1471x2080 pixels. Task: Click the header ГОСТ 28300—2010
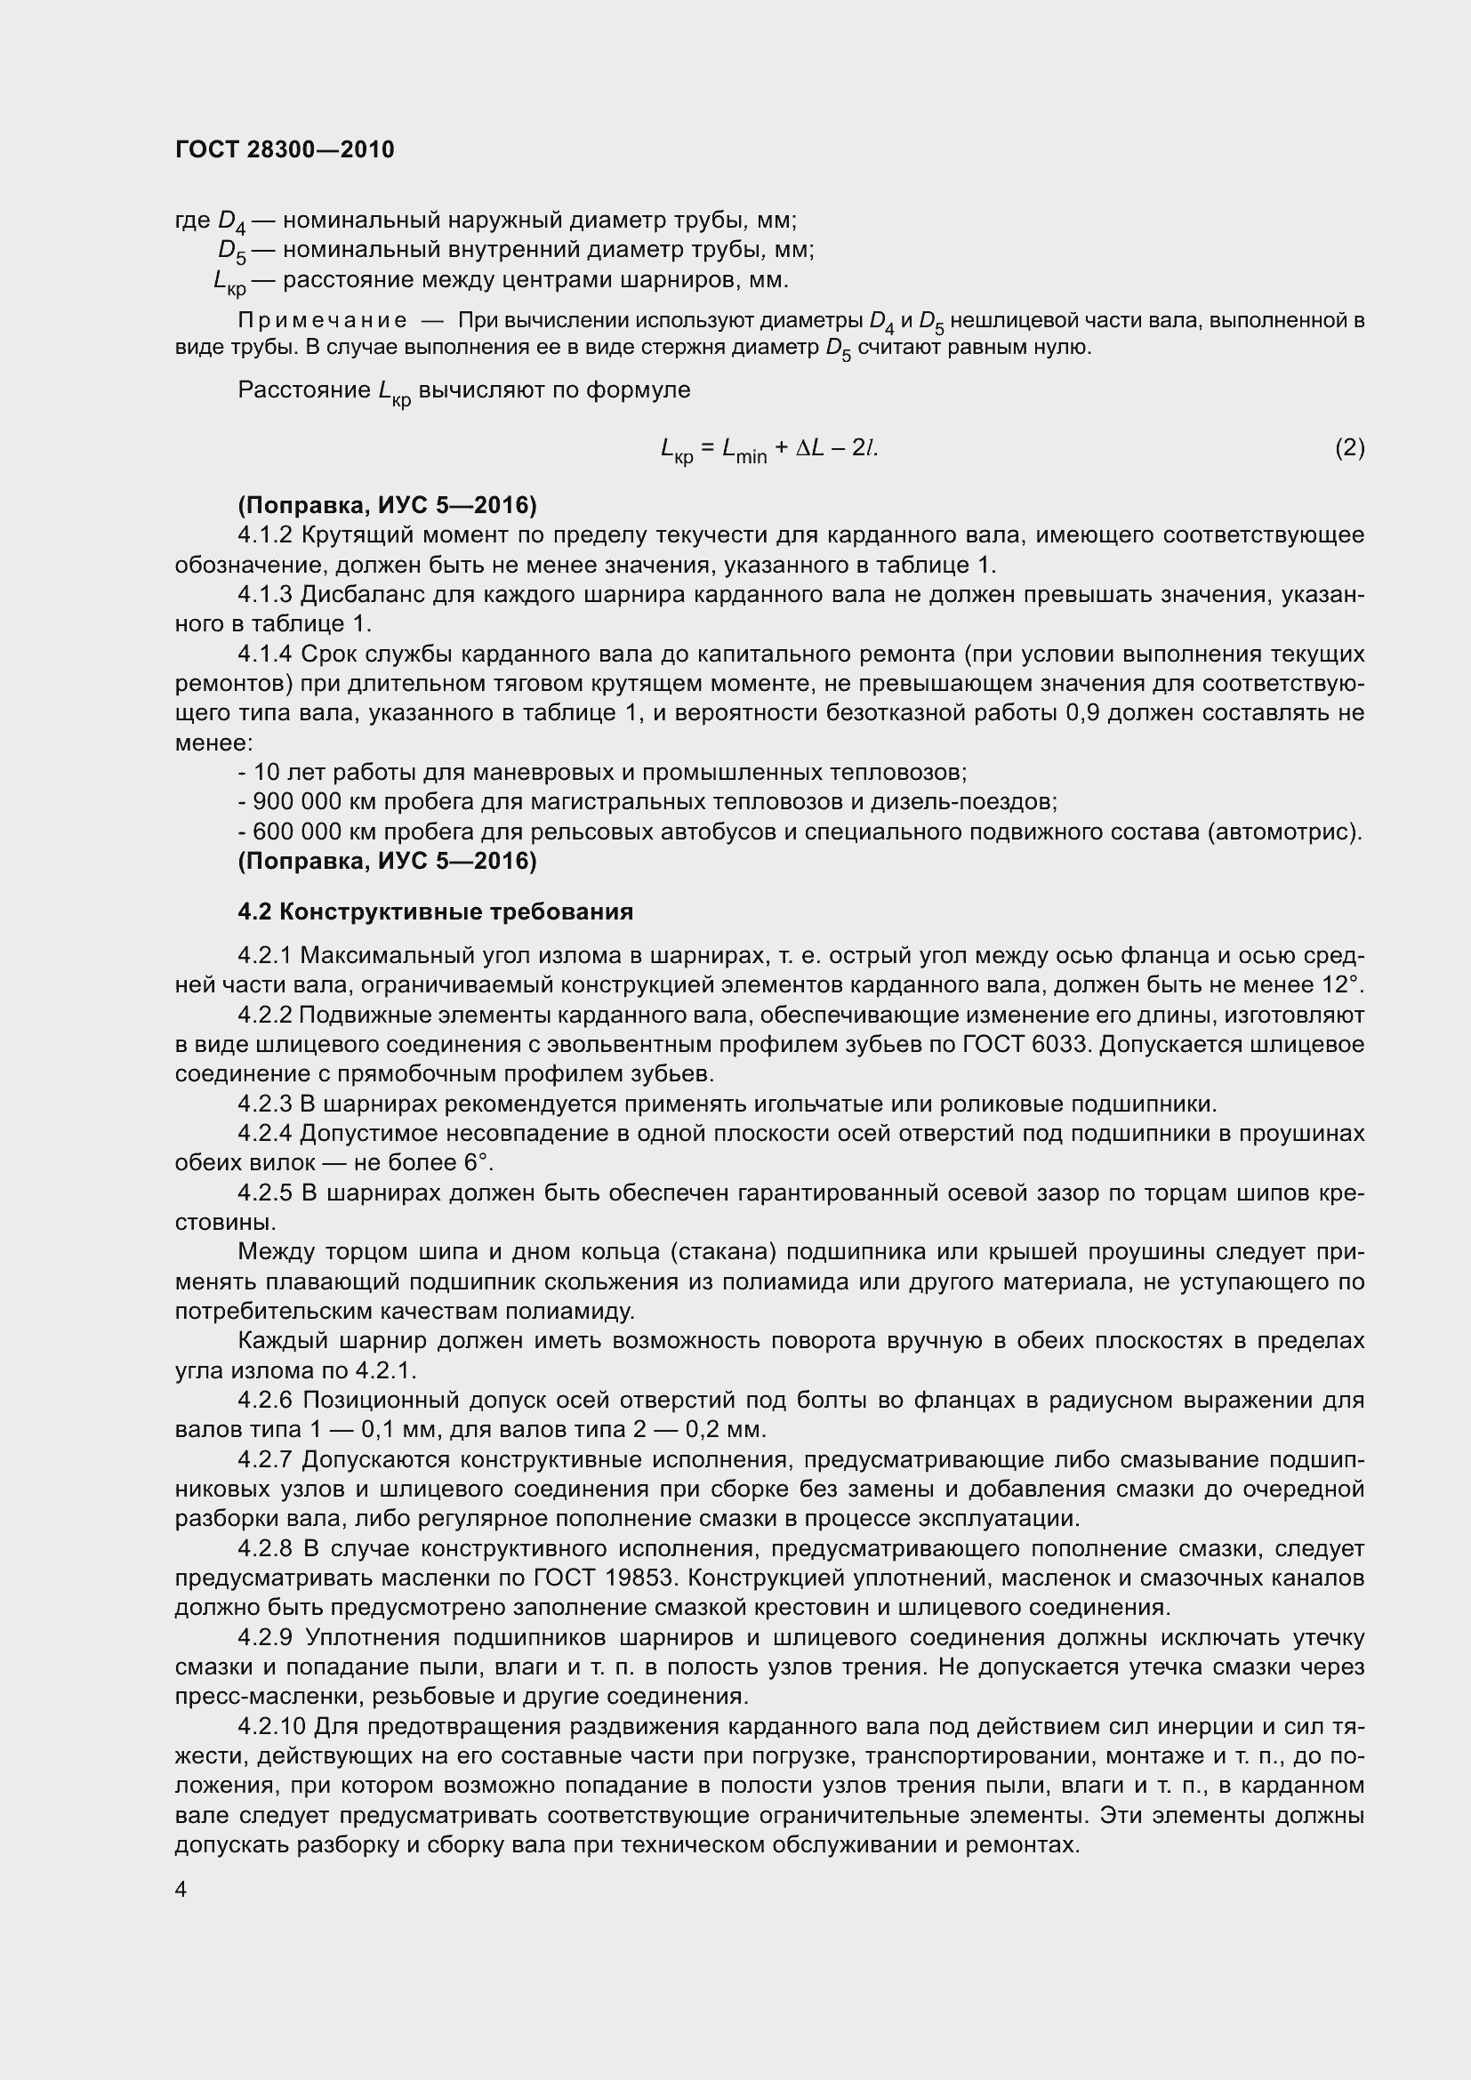(285, 150)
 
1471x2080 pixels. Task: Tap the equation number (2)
(1350, 447)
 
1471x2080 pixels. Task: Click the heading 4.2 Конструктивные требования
(435, 912)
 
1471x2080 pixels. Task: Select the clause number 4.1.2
(265, 535)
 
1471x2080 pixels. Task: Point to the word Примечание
(322, 321)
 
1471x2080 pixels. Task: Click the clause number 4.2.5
(265, 1193)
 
